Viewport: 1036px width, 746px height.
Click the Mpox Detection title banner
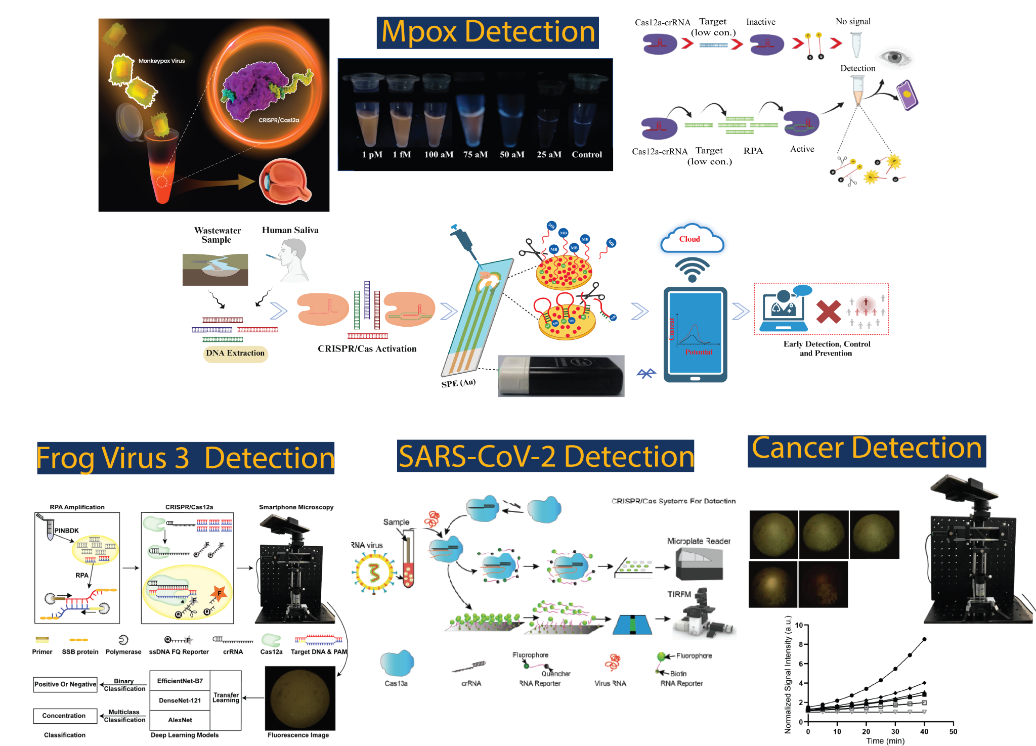pyautogui.click(x=488, y=32)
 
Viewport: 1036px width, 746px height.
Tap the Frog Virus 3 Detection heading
pyautogui.click(x=186, y=458)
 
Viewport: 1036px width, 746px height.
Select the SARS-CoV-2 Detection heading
pyautogui.click(x=545, y=456)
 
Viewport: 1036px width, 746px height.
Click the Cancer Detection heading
pyautogui.click(x=867, y=449)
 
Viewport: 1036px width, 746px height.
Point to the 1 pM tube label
pyautogui.click(x=372, y=155)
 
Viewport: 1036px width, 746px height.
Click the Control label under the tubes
pyautogui.click(x=587, y=155)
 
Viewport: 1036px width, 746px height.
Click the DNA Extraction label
pyautogui.click(x=235, y=353)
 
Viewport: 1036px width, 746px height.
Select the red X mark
pyautogui.click(x=828, y=312)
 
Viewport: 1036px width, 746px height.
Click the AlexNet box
pyautogui.click(x=180, y=720)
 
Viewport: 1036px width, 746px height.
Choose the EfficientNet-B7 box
pyautogui.click(x=180, y=681)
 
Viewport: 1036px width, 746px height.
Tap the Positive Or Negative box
pyautogui.click(x=65, y=684)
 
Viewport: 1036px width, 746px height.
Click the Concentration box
pyautogui.click(x=64, y=716)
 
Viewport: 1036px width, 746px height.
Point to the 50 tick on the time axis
pyautogui.click(x=953, y=731)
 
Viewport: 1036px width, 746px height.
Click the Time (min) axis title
pyautogui.click(x=885, y=741)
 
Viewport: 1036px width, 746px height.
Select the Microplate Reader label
pyautogui.click(x=699, y=541)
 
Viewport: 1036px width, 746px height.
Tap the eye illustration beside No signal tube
pyautogui.click(x=894, y=57)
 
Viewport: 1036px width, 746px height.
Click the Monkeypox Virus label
pyautogui.click(x=162, y=61)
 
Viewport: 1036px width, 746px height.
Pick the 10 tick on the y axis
pyautogui.click(x=799, y=625)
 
